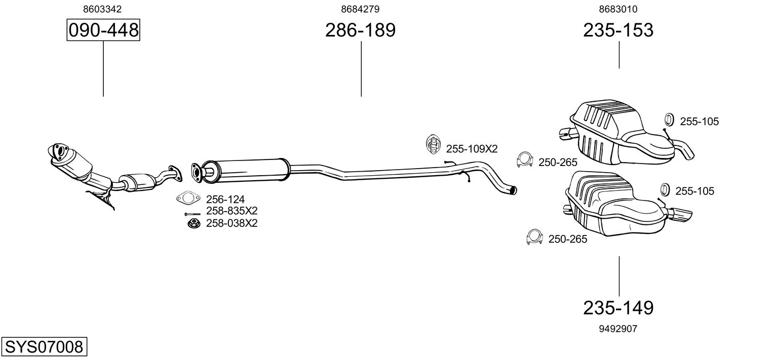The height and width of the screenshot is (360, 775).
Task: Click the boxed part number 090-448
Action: (103, 30)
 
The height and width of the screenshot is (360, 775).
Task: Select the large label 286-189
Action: (360, 30)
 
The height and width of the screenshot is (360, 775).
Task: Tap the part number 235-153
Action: (618, 30)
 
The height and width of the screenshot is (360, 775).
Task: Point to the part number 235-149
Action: (618, 307)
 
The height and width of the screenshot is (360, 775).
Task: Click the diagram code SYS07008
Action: (44, 347)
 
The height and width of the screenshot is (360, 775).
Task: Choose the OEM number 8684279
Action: (360, 9)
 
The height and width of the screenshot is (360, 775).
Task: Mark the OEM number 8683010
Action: (618, 9)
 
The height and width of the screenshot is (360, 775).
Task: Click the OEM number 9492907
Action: (618, 329)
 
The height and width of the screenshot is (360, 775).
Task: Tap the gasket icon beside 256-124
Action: (188, 198)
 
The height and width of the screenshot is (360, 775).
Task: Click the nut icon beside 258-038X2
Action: (193, 223)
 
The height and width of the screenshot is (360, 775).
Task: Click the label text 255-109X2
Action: (472, 149)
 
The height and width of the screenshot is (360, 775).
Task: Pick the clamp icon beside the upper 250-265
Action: (524, 160)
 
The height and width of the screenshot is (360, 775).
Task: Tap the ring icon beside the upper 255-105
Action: (669, 119)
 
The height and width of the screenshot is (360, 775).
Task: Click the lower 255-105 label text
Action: (694, 191)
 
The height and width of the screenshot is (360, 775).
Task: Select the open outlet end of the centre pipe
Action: (514, 190)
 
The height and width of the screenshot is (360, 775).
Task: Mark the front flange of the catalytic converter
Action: (58, 152)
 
